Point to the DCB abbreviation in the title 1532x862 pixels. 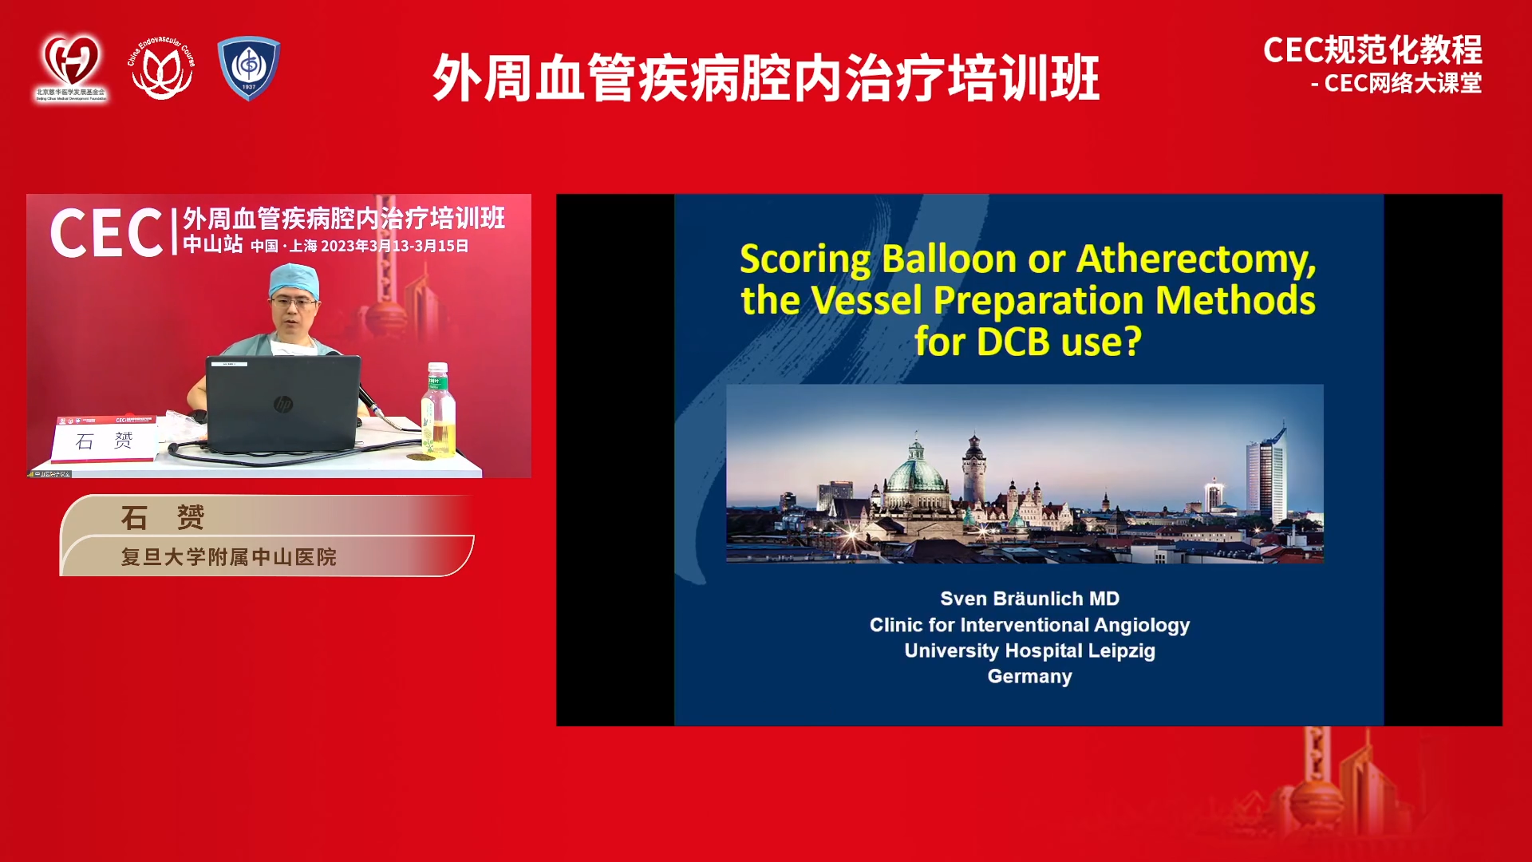point(1013,342)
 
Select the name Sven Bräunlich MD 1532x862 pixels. point(1029,599)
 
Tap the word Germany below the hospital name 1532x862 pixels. point(1029,676)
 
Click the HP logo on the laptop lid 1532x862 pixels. point(282,405)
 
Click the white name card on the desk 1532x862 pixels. point(104,441)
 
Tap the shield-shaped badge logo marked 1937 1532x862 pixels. point(249,67)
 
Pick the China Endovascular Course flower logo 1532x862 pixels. point(162,69)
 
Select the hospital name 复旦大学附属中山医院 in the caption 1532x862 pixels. point(228,557)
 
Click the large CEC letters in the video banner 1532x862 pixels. point(107,234)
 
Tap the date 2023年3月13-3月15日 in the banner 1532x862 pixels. point(394,246)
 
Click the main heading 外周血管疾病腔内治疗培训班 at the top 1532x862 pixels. point(766,78)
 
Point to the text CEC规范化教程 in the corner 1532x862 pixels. point(1372,50)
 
